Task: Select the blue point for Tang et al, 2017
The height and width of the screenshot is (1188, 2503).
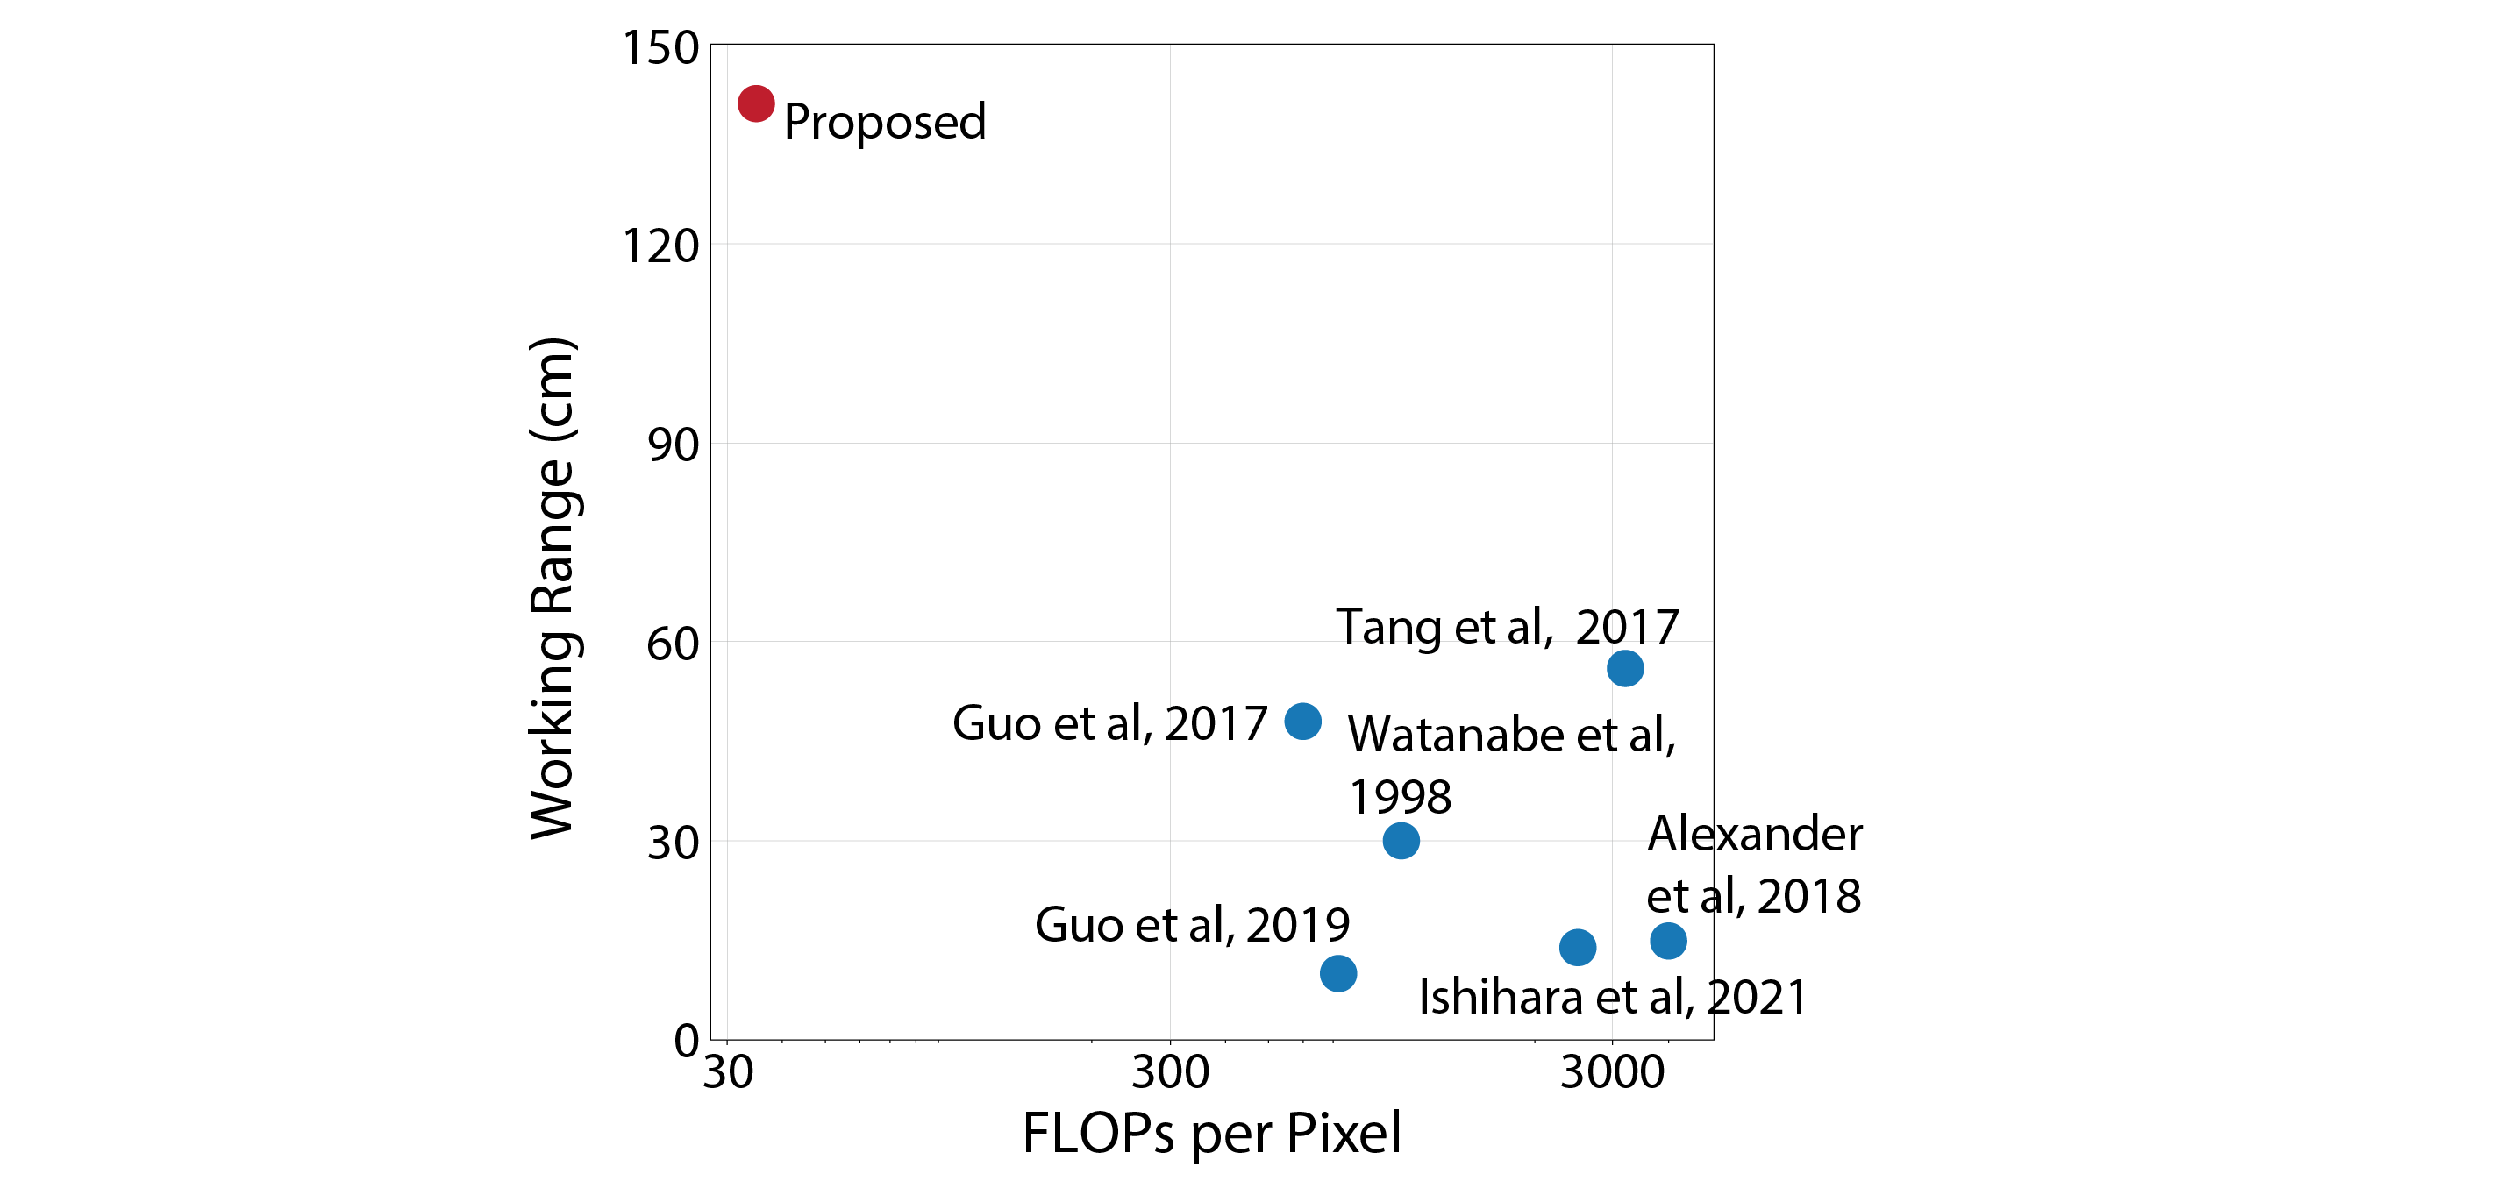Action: [1624, 668]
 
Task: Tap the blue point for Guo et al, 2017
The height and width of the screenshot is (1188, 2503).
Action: [1302, 721]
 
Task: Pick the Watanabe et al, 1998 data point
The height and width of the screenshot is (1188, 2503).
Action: [1401, 840]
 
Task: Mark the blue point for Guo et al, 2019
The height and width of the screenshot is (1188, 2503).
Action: [1338, 972]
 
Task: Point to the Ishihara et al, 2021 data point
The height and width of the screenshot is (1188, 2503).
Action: [1577, 947]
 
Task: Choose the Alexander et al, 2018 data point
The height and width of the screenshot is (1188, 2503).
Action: [1667, 940]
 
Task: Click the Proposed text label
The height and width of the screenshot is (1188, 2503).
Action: [884, 123]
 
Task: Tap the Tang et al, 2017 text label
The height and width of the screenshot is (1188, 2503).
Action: [1507, 627]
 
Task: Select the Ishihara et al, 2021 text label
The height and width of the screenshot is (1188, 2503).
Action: [1613, 998]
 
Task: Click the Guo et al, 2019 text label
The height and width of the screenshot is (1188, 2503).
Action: [1192, 925]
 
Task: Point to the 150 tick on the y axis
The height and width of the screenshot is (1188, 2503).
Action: [660, 47]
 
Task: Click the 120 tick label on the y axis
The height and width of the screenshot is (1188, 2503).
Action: [660, 245]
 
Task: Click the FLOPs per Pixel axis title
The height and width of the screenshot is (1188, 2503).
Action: [1212, 1134]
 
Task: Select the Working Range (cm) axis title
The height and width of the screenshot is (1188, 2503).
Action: [553, 587]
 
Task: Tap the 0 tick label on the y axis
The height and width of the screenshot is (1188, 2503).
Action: [686, 1042]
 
